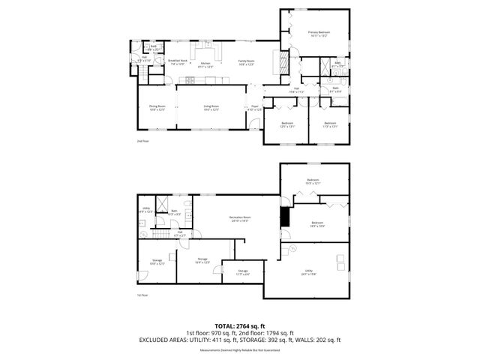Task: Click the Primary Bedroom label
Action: [x=318, y=34]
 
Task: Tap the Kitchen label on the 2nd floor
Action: [x=205, y=64]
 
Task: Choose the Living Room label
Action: [x=211, y=108]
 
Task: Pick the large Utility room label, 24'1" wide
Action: [x=308, y=272]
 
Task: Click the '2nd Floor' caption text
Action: [x=143, y=140]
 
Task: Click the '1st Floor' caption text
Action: [x=142, y=296]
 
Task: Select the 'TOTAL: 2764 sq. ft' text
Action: [x=240, y=326]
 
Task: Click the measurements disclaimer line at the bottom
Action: [x=240, y=349]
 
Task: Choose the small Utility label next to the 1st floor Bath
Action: [x=146, y=211]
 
